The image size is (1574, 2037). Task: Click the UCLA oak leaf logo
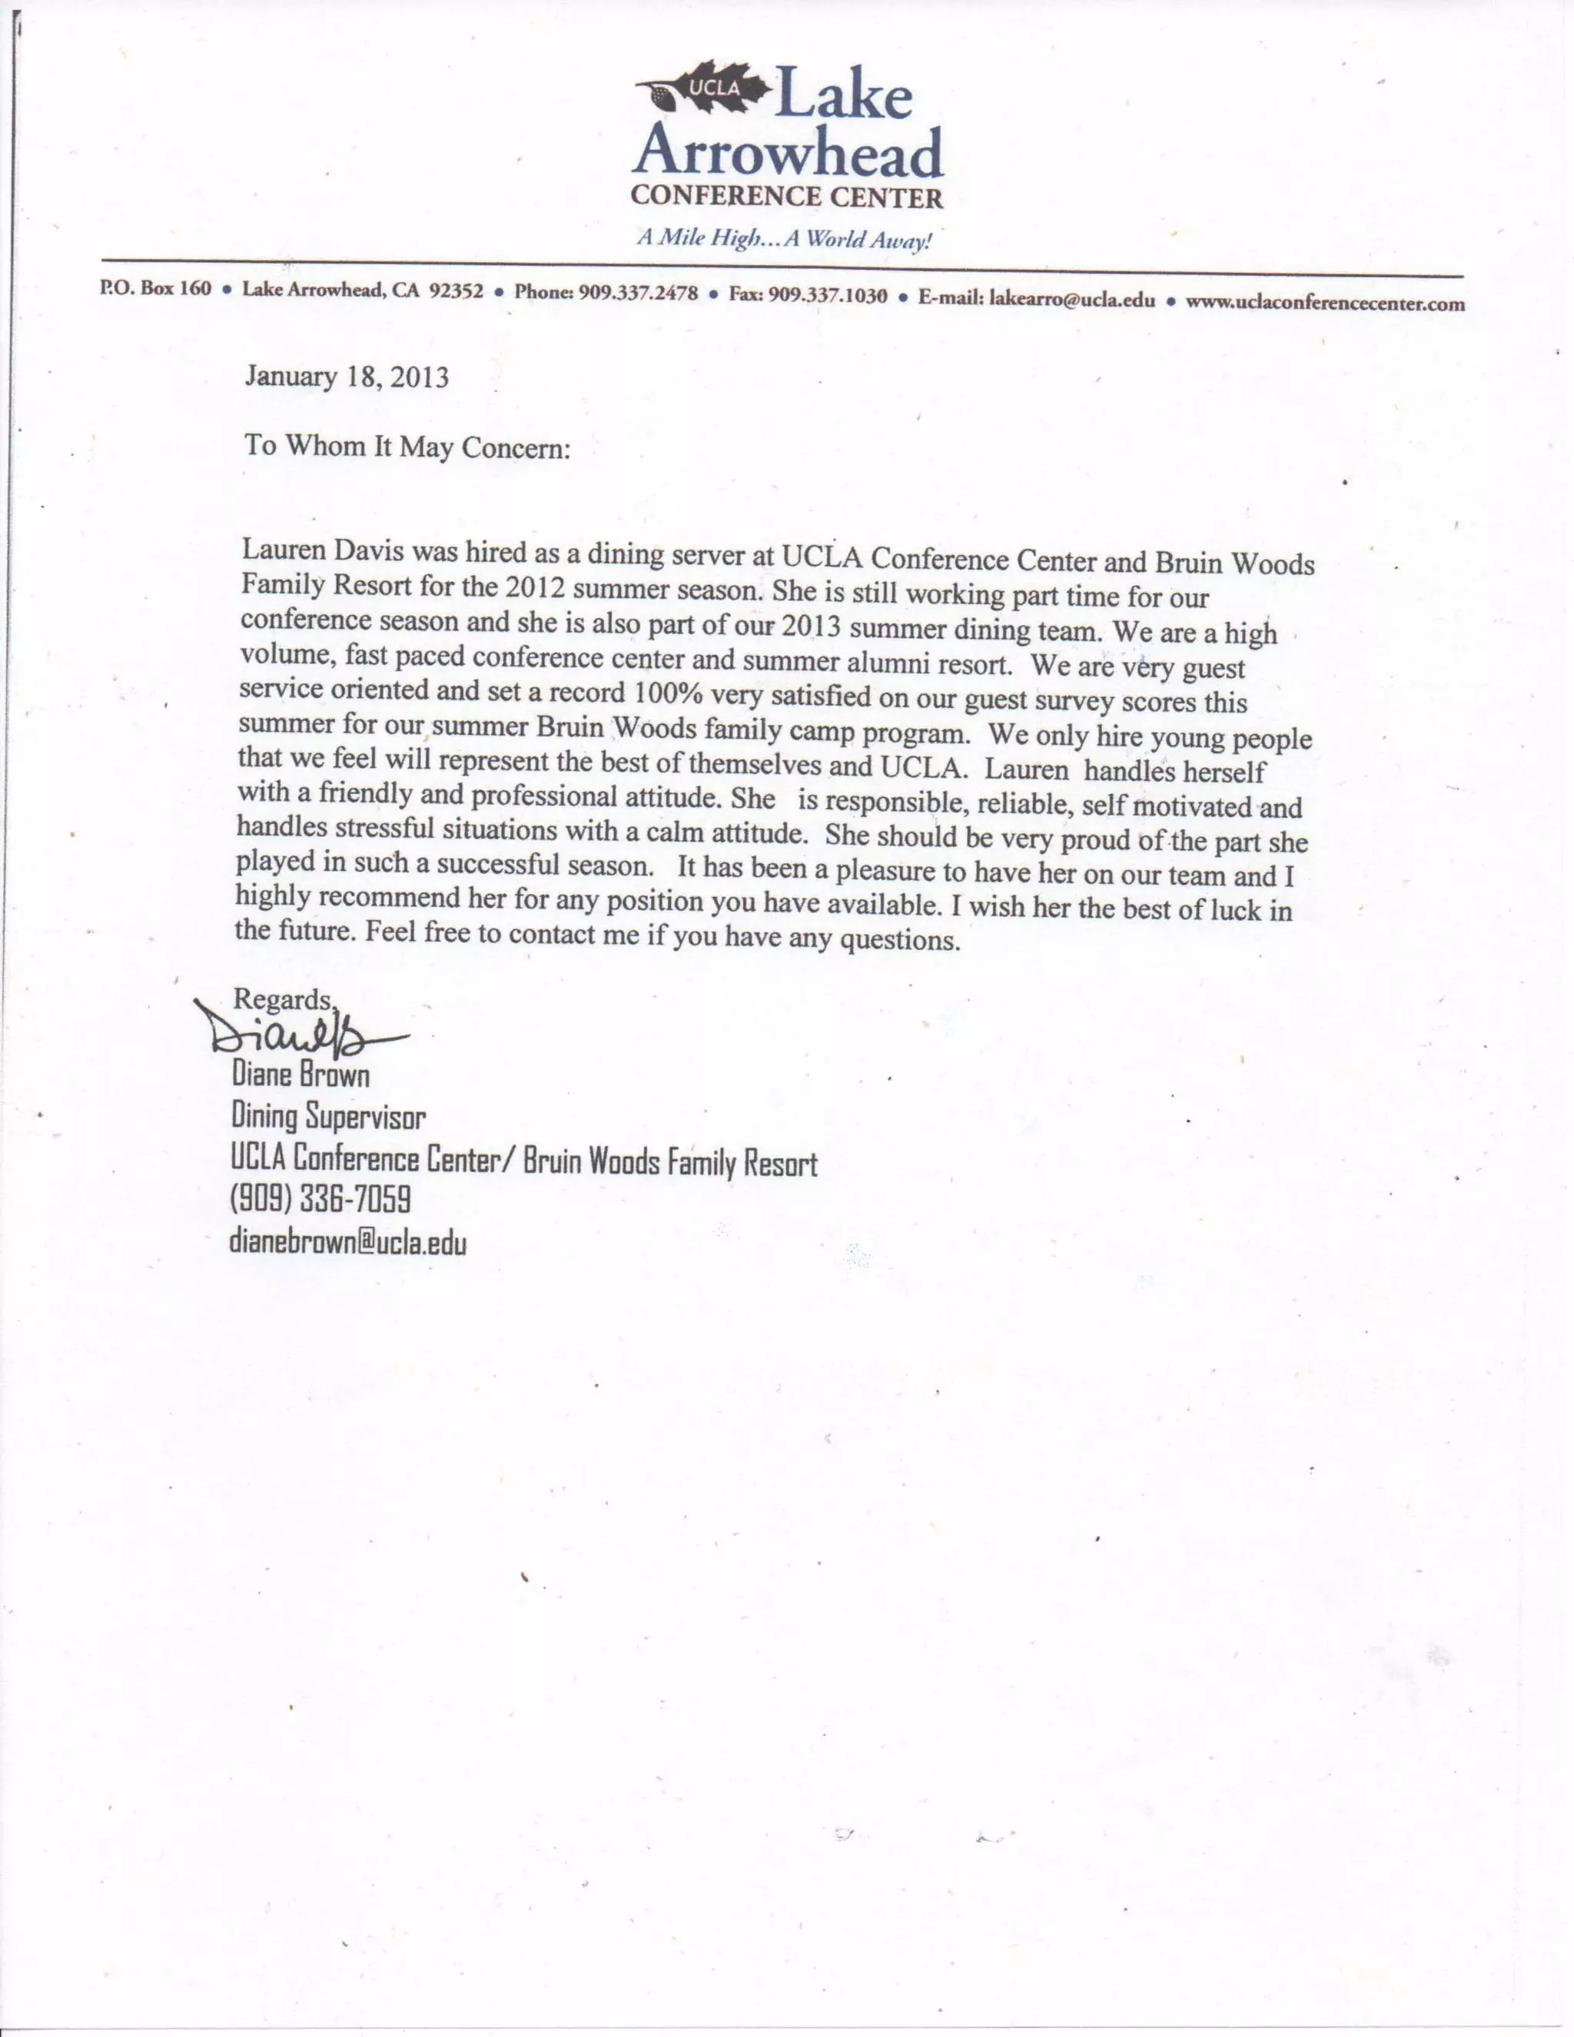click(x=704, y=88)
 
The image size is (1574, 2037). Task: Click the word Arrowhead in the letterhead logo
click(x=788, y=154)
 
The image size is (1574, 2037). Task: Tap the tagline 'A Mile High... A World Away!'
click(x=784, y=239)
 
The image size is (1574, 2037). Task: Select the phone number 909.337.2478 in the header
click(x=638, y=293)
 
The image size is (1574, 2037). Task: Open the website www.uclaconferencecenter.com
click(x=1324, y=302)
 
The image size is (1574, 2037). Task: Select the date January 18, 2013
click(x=346, y=377)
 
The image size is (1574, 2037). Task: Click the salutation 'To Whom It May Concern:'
click(x=407, y=447)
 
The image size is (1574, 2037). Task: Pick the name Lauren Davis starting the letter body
click(x=323, y=550)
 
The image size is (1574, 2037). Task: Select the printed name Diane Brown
click(x=301, y=1075)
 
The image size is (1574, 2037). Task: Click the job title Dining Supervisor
click(x=328, y=1116)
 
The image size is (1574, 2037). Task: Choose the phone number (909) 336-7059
click(x=320, y=1199)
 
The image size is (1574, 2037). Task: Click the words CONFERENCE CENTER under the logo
click(x=787, y=198)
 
